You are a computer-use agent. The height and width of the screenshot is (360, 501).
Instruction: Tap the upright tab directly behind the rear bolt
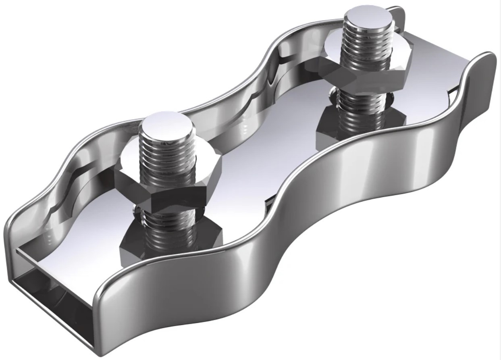(x=399, y=20)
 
